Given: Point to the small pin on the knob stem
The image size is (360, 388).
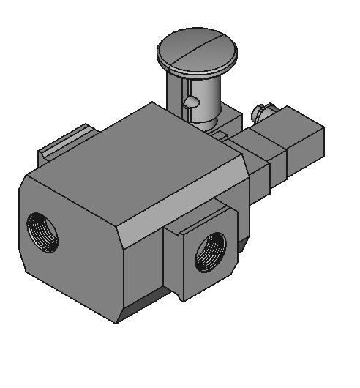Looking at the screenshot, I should click(189, 102).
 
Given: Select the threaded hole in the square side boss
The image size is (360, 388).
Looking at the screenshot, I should click(210, 250).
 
